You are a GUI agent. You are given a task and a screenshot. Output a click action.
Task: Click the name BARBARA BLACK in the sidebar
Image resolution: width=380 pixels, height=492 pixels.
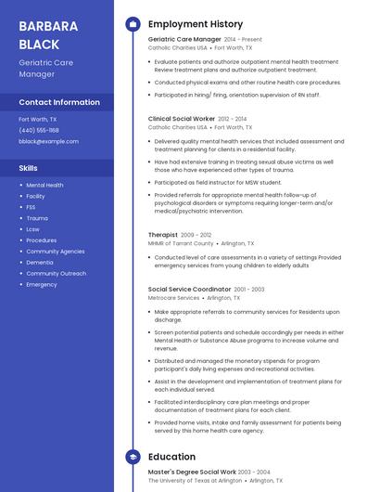pyautogui.click(x=48, y=34)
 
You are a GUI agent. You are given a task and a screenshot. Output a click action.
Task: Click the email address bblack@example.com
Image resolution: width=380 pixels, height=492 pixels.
pyautogui.click(x=49, y=141)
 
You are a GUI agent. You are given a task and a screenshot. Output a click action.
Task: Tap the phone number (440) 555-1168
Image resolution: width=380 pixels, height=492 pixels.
pyautogui.click(x=39, y=130)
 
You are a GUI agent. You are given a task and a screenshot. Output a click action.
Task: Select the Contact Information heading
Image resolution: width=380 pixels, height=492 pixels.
pyautogui.click(x=59, y=102)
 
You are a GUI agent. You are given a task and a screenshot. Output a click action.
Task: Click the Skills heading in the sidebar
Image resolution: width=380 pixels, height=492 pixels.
pyautogui.click(x=29, y=168)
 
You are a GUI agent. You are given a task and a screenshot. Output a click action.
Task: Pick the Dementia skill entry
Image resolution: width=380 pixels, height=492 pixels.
pyautogui.click(x=40, y=263)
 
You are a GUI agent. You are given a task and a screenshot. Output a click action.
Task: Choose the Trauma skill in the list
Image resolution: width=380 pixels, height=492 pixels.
pyautogui.click(x=37, y=218)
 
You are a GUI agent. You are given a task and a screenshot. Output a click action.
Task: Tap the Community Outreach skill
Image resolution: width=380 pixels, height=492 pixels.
pyautogui.click(x=56, y=274)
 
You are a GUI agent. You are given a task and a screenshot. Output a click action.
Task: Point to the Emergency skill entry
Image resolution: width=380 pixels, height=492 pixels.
pyautogui.click(x=42, y=285)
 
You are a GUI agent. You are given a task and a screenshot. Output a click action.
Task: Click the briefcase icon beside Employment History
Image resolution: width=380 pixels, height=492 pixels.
pyautogui.click(x=133, y=24)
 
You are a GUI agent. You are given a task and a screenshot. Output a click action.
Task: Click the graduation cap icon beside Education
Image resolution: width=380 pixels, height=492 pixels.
pyautogui.click(x=133, y=457)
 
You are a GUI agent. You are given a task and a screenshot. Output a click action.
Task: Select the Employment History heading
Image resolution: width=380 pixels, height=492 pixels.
pyautogui.click(x=196, y=24)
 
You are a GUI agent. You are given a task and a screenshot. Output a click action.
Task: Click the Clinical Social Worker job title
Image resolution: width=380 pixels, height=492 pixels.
pyautogui.click(x=181, y=119)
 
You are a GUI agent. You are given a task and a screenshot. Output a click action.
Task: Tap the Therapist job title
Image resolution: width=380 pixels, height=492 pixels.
pyautogui.click(x=162, y=235)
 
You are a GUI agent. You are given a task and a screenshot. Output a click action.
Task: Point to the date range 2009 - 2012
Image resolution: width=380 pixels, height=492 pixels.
pyautogui.click(x=196, y=236)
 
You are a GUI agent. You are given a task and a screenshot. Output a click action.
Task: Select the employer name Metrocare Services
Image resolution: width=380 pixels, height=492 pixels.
pyautogui.click(x=173, y=298)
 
